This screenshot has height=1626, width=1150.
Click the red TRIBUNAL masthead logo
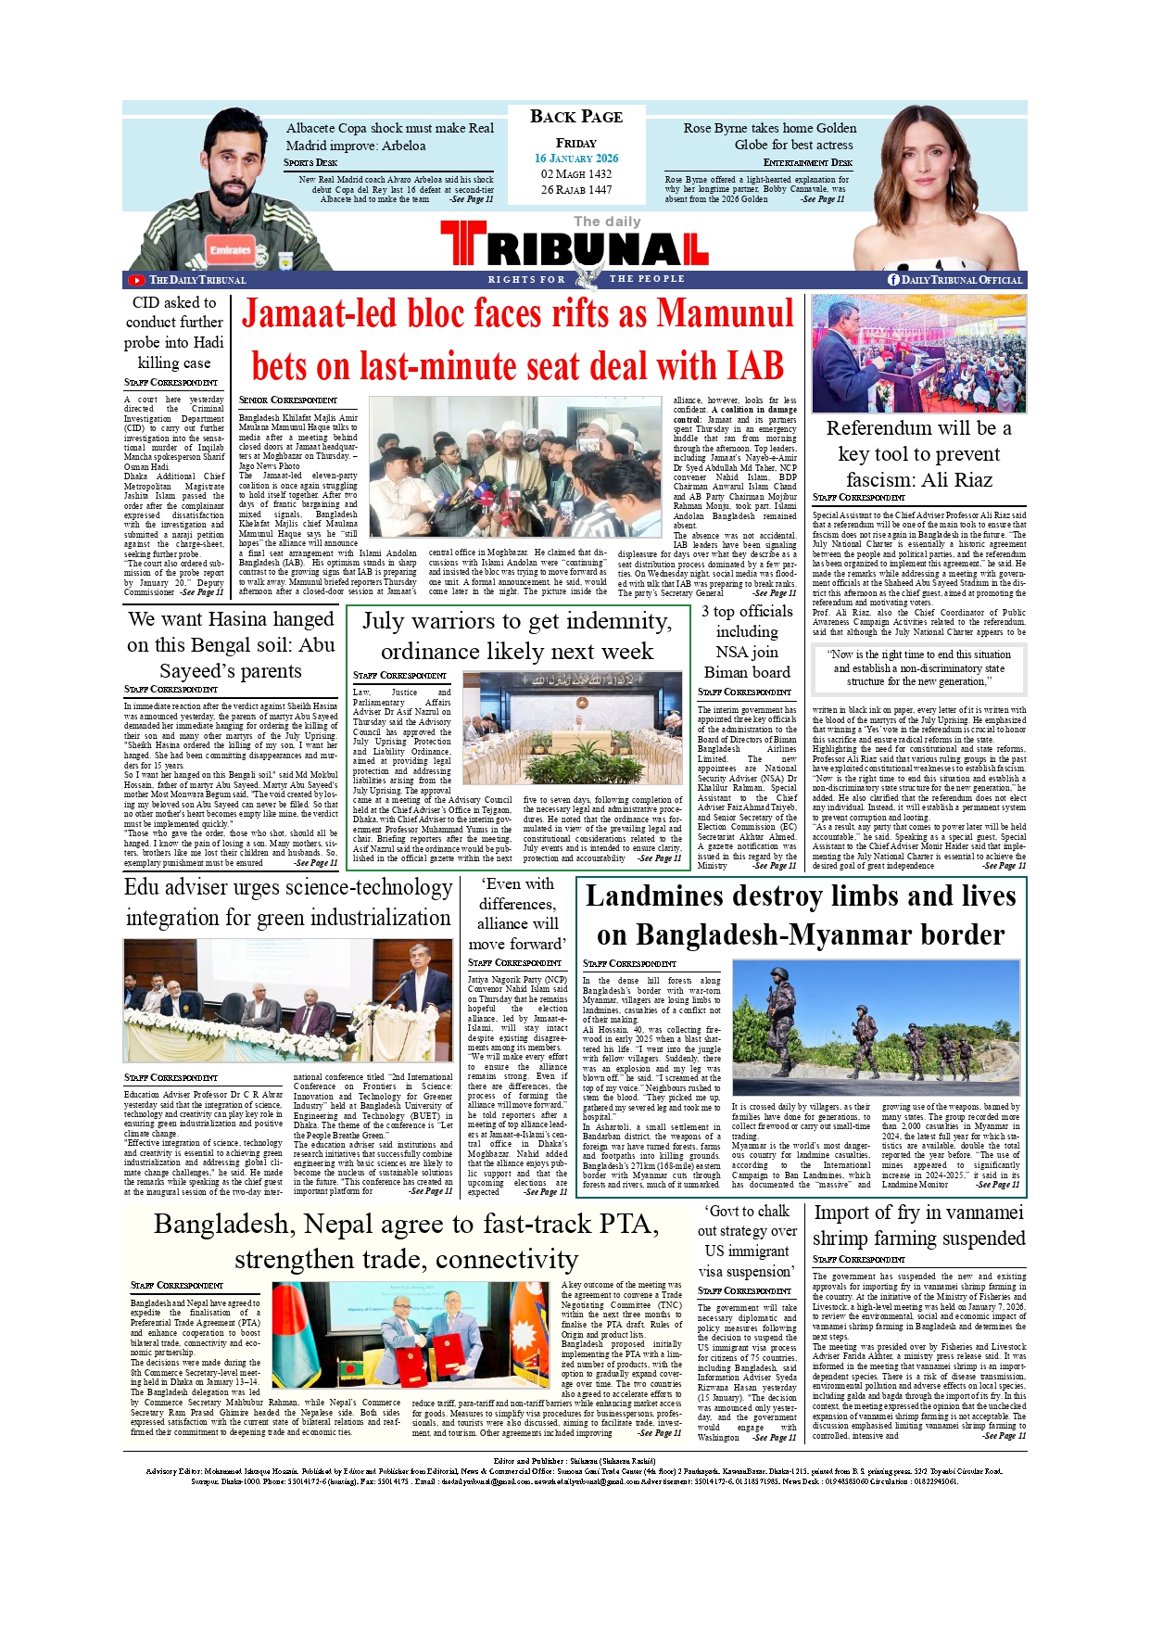coord(575,248)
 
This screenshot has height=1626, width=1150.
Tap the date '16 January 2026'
coord(575,159)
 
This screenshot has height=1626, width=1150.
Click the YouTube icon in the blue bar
coord(136,280)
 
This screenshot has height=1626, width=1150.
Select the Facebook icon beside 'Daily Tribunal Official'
coord(893,280)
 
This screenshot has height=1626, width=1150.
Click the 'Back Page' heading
coord(575,117)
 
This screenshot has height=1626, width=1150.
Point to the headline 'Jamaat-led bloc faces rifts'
coord(517,339)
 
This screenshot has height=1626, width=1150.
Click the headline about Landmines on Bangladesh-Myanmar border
coord(801,915)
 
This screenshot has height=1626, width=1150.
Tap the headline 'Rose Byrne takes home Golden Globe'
coord(769,136)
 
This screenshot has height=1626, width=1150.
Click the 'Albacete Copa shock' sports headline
coord(389,136)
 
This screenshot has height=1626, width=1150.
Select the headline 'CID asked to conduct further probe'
coord(174,333)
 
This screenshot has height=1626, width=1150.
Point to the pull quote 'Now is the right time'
coord(918,667)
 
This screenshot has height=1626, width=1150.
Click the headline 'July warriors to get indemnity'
coord(516,636)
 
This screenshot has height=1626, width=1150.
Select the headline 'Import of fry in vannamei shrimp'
coord(918,1226)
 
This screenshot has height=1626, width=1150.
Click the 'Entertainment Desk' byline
coord(807,163)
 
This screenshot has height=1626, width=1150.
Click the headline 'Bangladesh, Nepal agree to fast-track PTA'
coord(406,1241)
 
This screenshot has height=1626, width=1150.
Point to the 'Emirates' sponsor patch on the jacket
coord(230,249)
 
